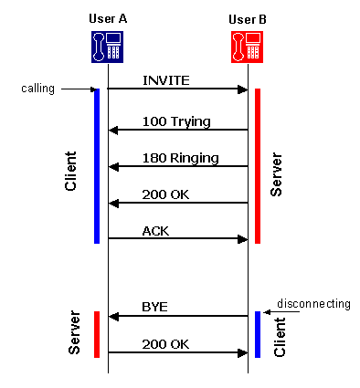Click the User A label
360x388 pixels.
[108, 19]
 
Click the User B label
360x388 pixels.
[249, 19]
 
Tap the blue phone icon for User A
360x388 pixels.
[108, 46]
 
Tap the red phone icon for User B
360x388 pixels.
[249, 46]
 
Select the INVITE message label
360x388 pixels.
[165, 80]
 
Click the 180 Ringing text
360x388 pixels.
[180, 157]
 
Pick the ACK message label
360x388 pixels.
[155, 230]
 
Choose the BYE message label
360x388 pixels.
[155, 307]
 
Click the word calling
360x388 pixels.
[38, 89]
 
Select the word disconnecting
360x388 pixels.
[313, 302]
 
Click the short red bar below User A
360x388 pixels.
[97, 334]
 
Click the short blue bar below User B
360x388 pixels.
[258, 334]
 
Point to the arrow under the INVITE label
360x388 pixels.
[178, 89]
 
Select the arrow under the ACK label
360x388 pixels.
[178, 239]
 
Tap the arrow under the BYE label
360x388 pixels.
[178, 316]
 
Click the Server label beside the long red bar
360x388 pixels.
[278, 173]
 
